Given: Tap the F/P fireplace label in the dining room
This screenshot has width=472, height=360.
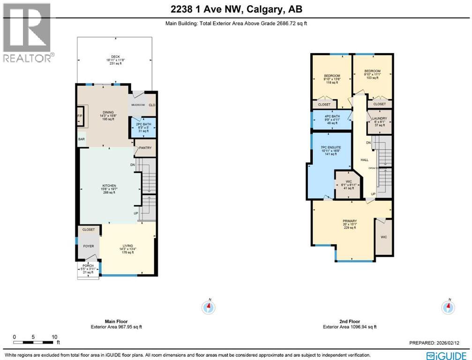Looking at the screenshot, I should [80, 115].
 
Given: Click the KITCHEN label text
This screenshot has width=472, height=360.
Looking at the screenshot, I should [109, 186].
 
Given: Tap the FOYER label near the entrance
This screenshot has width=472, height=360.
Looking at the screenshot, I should [89, 246].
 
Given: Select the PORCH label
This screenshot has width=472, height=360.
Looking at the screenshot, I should [88, 266].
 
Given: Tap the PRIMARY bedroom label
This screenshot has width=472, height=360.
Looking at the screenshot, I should [350, 221].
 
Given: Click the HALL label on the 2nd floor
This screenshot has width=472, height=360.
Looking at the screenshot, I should [364, 160].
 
